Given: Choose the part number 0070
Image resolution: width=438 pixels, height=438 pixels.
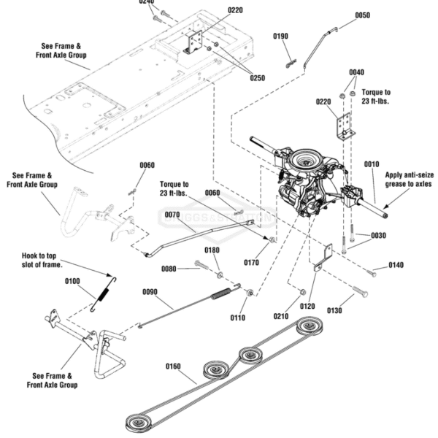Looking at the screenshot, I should coord(172,215).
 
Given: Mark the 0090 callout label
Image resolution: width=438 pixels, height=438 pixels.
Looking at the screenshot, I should coord(149,291).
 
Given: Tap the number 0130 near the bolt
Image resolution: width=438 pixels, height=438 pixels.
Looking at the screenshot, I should coord(335,310).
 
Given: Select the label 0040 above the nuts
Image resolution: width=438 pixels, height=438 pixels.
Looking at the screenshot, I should coord(356,72).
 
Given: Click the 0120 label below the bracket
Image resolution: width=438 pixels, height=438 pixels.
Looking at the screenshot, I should coord(307,307).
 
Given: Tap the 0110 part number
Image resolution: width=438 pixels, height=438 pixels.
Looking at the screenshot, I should coord(238,318).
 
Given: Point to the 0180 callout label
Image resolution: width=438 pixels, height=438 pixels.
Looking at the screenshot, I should coord(212,250).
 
